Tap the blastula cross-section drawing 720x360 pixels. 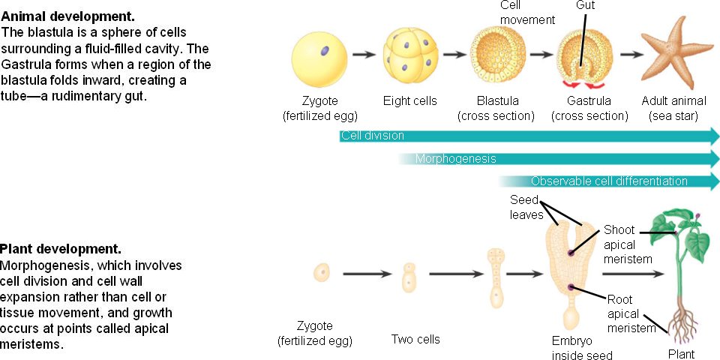(x=497, y=55)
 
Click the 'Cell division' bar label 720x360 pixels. (x=373, y=136)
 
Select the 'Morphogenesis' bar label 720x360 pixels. (x=455, y=159)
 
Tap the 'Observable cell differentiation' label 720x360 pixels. (x=609, y=181)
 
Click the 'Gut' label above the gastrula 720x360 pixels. (x=586, y=5)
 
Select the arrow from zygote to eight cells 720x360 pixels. (x=364, y=55)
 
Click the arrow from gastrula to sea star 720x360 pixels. (x=631, y=55)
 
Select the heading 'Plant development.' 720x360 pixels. (x=61, y=248)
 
